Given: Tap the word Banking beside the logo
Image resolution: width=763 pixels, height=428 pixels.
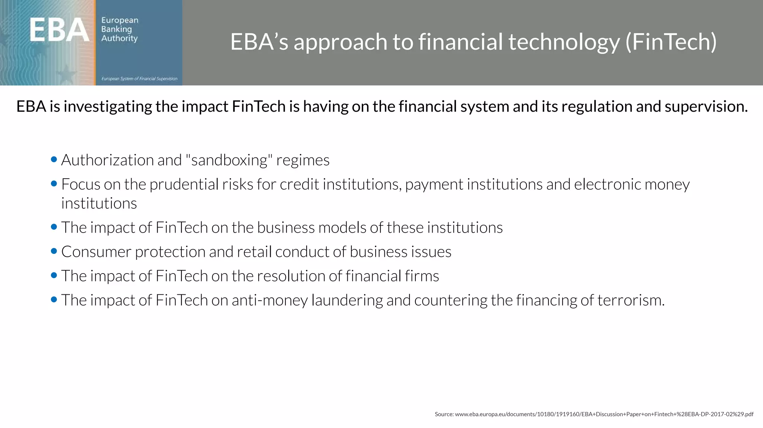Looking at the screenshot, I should [117, 29].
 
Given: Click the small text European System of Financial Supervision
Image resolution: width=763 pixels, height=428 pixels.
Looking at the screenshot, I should [139, 79].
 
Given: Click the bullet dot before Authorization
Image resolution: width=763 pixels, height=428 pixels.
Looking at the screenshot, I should [54, 160].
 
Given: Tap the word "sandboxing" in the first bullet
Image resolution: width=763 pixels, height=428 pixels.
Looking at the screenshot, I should [229, 160].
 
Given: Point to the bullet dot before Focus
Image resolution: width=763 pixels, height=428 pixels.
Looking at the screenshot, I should [54, 184].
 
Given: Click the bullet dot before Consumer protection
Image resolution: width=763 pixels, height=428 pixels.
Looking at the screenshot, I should [54, 251].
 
